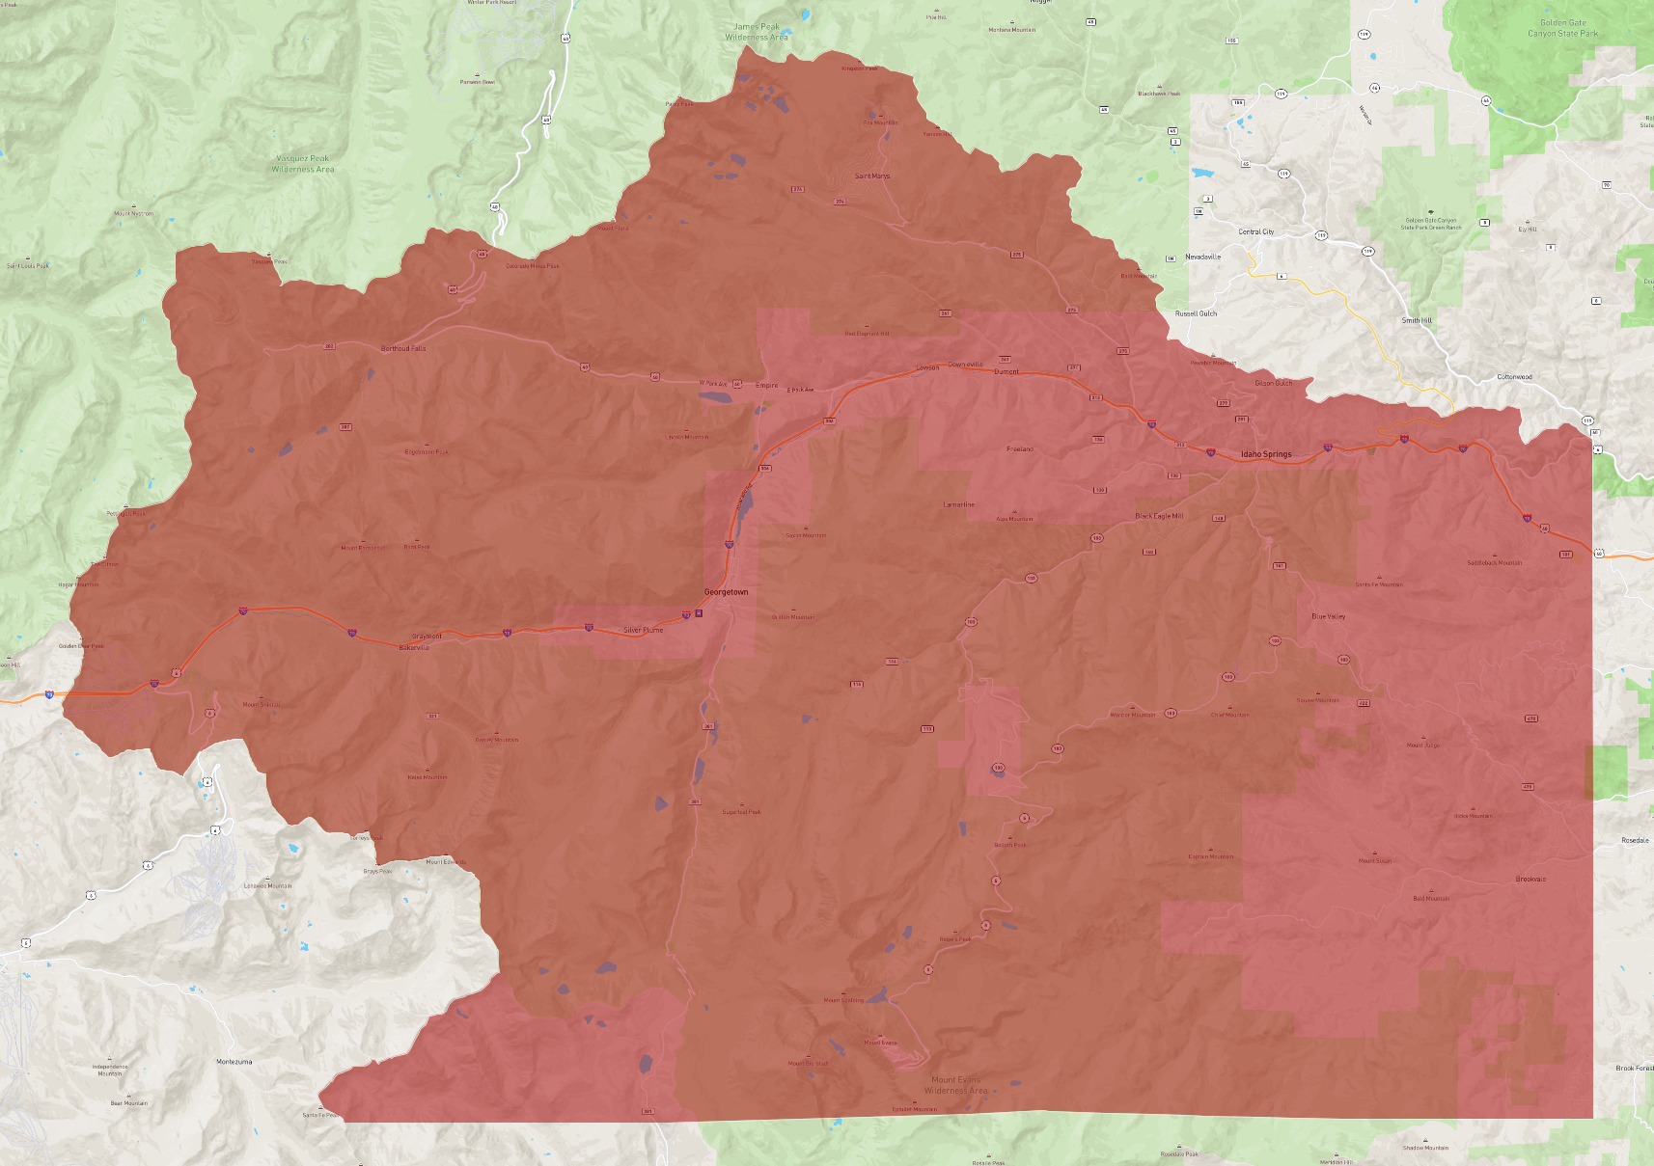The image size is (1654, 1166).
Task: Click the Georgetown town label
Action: pos(726,592)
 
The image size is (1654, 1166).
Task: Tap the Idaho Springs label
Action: pos(1266,454)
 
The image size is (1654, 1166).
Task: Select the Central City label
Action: pos(1255,231)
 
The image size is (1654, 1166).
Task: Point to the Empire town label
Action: pos(766,385)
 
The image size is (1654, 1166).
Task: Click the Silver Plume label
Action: pos(643,630)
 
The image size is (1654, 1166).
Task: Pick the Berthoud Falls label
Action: pos(403,348)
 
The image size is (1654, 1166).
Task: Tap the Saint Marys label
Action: pos(872,176)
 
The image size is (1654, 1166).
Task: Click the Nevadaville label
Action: pos(1202,257)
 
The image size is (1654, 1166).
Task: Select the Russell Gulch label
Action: pos(1196,313)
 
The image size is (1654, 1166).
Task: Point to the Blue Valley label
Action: pos(1328,616)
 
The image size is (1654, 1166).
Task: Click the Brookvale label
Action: pos(1530,879)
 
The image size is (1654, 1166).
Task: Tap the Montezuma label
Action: pos(234,1062)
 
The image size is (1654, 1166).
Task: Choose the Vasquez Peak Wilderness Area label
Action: pos(303,164)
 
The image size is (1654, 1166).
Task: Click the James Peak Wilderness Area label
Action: pos(757,32)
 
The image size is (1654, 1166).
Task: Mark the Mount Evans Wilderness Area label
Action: pos(956,1085)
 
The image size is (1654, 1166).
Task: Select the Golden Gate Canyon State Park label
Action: pos(1562,28)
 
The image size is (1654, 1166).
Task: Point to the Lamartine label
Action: pos(958,504)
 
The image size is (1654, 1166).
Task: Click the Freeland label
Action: pos(1019,448)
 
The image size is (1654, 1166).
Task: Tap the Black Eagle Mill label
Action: pos(1159,516)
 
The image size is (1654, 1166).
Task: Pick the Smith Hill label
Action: pos(1417,320)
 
